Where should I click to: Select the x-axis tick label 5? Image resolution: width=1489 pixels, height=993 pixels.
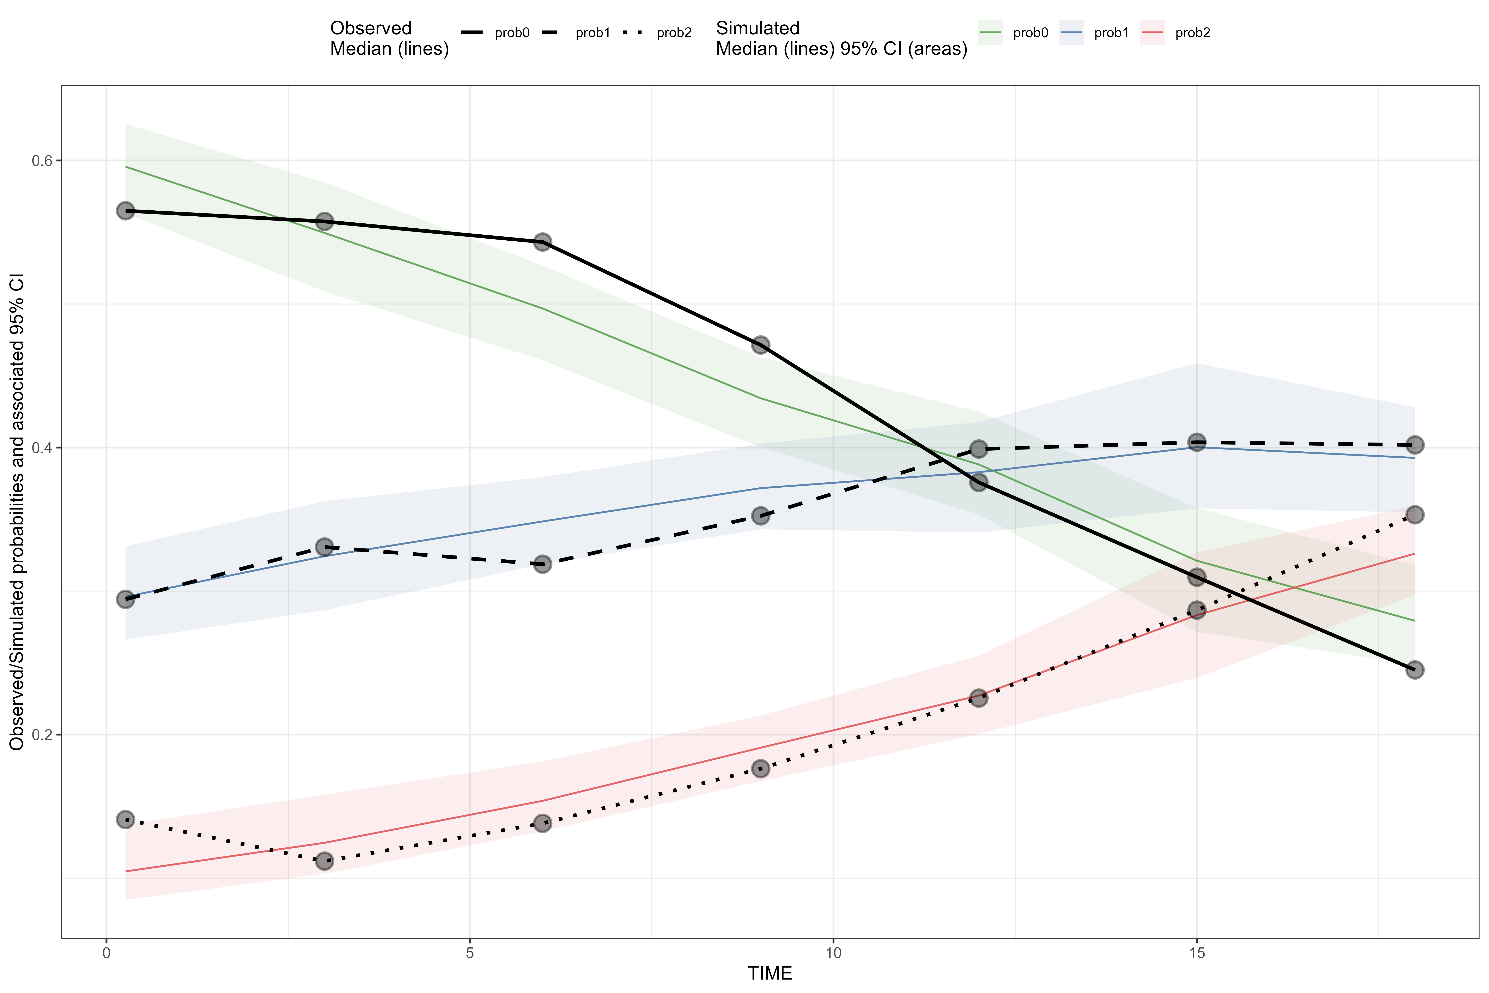pos(470,953)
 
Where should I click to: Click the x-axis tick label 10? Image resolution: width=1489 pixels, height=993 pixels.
pos(833,953)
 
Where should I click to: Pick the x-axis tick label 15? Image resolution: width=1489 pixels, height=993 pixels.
pos(1197,953)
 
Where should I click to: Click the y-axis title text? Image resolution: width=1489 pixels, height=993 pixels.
pos(17,512)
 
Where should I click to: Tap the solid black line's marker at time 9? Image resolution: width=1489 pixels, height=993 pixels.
pos(760,345)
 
